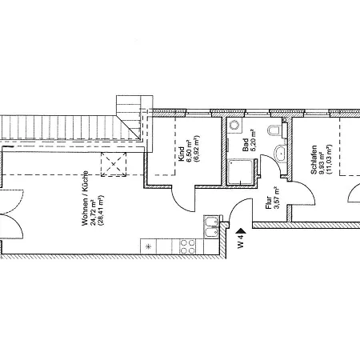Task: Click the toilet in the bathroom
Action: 274,130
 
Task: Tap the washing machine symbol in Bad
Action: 234,125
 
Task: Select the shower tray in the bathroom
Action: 241,172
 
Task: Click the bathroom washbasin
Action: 280,153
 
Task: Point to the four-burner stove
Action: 188,246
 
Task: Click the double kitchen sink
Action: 212,226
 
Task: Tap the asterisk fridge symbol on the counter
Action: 149,246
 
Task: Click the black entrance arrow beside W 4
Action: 242,231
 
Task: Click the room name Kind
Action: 181,154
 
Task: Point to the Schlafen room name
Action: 314,160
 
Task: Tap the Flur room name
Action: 269,202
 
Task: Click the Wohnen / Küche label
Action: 85,198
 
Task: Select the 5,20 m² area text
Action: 253,141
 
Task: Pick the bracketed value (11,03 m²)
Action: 330,159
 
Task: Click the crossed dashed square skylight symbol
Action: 114,164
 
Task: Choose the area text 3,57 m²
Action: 277,198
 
